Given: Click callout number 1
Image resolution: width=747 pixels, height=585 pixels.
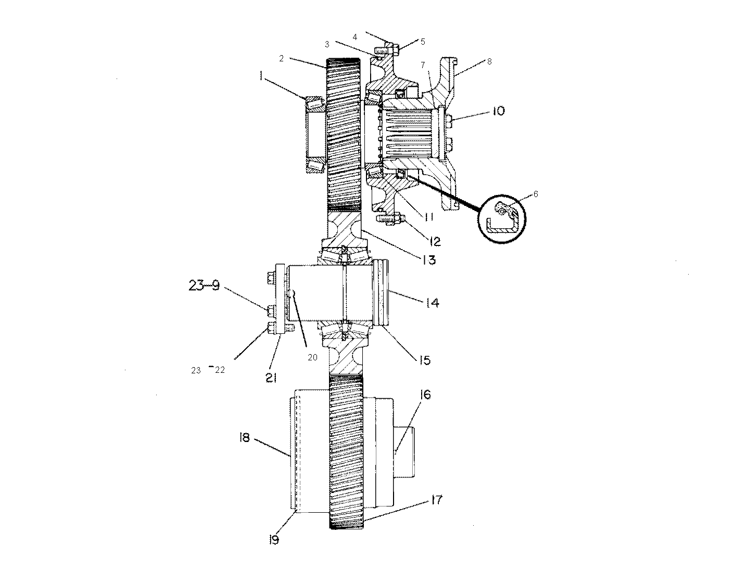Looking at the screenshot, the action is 261,76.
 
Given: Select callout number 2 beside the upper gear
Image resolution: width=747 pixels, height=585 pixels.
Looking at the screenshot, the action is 281,59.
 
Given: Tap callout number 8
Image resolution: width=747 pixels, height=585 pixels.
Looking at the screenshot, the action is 489,61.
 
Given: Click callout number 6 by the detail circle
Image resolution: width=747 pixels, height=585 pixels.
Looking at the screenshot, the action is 536,194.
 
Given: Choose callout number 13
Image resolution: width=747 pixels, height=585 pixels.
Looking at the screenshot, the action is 428,259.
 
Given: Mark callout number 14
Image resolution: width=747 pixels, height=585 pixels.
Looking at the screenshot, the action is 432,303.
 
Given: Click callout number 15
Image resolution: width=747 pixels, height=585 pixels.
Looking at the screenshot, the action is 424,360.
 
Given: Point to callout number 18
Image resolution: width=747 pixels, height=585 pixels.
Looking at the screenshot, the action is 244,438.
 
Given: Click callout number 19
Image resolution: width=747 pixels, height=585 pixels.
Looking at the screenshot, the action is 274,540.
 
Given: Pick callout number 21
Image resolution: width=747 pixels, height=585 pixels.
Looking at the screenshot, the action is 271,379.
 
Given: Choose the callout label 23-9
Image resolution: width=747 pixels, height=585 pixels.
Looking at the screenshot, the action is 204,285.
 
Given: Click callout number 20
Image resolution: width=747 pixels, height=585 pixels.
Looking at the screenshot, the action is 312,357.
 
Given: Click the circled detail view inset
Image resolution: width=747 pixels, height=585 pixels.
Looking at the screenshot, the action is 502,219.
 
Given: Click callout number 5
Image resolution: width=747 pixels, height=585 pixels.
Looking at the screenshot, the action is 423,42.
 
